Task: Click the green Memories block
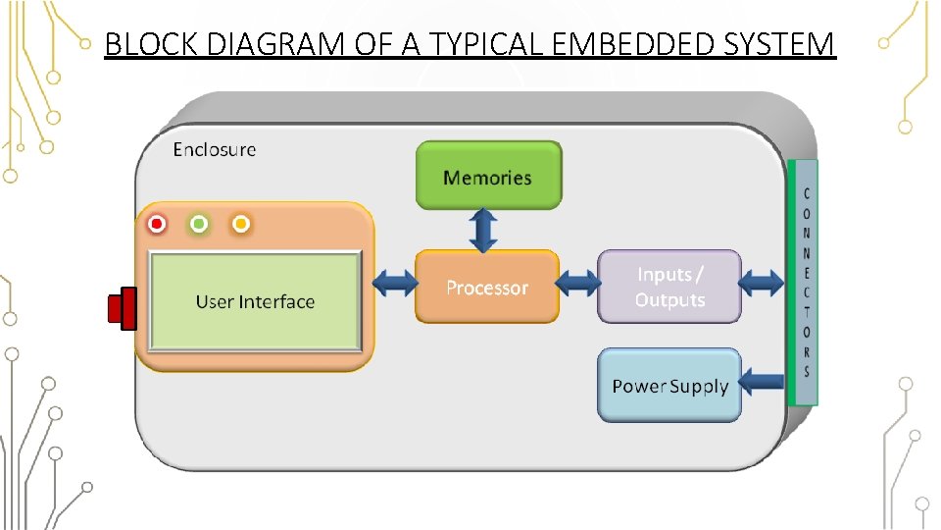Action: coord(488,176)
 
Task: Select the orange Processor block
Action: coord(487,287)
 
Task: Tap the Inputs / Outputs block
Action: coord(669,287)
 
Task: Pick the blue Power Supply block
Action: coord(669,385)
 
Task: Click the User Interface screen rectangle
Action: coord(255,301)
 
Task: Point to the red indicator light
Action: coord(157,224)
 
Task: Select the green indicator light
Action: coord(199,224)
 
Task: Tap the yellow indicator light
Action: coord(241,224)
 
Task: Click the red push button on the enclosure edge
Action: coord(123,308)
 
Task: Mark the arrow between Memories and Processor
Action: coord(483,230)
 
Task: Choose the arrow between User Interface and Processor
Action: coord(395,283)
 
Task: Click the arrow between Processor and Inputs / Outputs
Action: coord(578,283)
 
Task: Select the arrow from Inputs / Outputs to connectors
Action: coord(761,283)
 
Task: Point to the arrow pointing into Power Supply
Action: coord(761,382)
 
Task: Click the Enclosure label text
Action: coord(215,149)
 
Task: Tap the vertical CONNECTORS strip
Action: coord(803,283)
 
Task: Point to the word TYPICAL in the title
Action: coord(485,44)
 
